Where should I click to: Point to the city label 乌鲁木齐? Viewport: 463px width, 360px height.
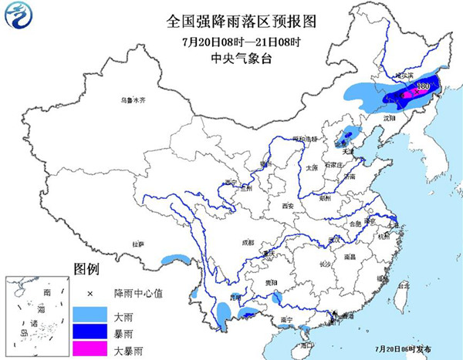point(132,100)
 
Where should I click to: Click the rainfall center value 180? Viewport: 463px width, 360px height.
point(423,86)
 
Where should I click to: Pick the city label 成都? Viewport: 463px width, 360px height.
point(247,242)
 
